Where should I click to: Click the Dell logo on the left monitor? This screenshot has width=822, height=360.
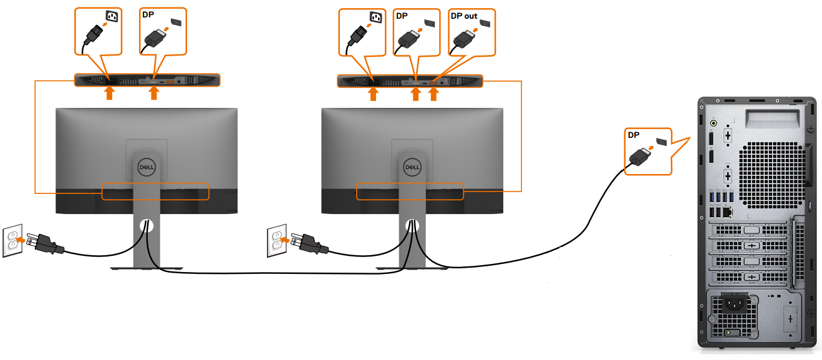[146, 168]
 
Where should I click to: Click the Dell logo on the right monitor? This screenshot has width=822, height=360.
[412, 167]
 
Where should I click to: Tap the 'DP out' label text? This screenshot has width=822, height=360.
[464, 16]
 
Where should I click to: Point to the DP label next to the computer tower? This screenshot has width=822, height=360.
[634, 135]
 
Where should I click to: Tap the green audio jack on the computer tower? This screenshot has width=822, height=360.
[713, 124]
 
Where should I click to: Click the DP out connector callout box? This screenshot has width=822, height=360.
[471, 31]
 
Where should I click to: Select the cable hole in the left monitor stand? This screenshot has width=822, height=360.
[147, 225]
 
